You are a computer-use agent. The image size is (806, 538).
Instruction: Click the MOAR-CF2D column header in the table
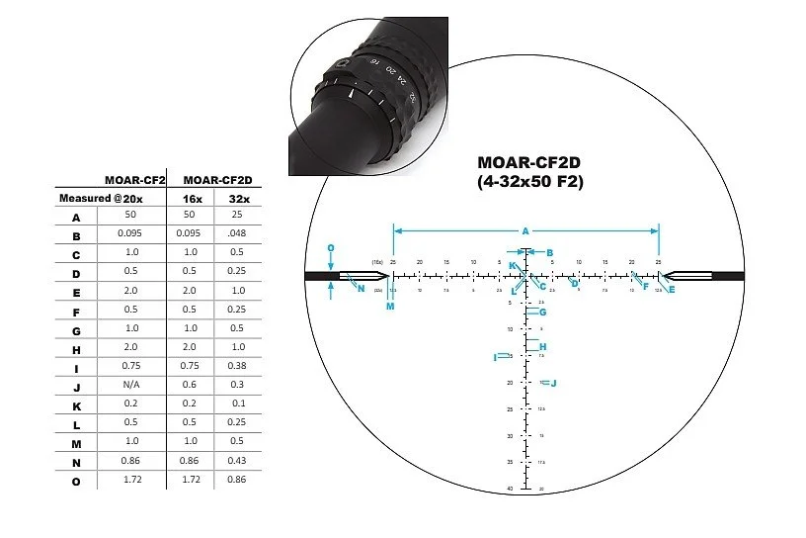pos(218,179)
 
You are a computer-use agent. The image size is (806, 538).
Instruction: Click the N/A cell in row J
pos(132,387)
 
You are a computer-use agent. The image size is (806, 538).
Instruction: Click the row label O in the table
pos(76,481)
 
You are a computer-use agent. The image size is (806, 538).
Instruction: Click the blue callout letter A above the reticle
pos(525,230)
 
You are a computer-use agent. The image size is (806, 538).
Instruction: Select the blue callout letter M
pos(390,307)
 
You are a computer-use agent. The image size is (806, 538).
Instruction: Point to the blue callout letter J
pos(553,383)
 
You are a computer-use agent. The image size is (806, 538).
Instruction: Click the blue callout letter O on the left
pos(331,248)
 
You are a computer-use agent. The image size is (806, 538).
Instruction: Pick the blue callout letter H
pos(542,346)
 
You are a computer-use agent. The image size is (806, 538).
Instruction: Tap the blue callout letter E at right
pos(672,289)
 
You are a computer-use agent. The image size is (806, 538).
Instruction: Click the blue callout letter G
pos(542,313)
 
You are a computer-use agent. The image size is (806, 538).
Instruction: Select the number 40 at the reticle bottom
pos(510,489)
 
